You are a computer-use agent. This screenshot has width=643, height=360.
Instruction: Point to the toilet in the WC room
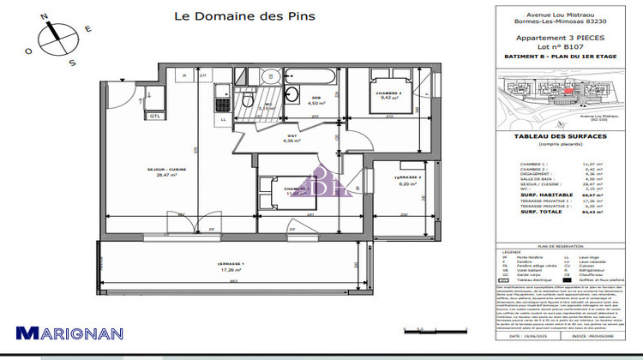pyautogui.click(x=248, y=101)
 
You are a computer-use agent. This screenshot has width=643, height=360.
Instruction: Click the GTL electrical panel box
pyautogui.click(x=155, y=115)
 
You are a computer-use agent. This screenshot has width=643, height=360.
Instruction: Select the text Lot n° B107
pyautogui.click(x=562, y=48)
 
